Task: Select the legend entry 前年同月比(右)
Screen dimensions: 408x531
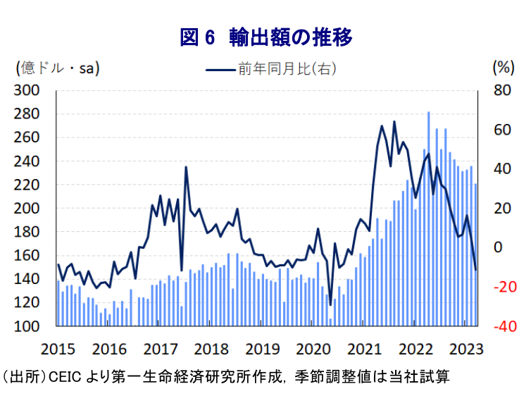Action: [271, 68]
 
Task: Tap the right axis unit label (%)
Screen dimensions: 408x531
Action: [503, 68]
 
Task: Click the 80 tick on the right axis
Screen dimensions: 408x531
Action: [501, 90]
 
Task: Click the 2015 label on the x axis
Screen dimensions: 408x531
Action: [58, 348]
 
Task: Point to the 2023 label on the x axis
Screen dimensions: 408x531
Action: [467, 348]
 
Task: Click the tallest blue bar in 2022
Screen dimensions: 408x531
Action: [428, 211]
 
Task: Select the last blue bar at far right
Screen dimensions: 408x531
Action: [475, 254]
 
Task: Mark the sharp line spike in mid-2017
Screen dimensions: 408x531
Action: [186, 167]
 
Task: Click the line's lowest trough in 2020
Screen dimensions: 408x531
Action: [330, 304]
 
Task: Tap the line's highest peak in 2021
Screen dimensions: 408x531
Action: [394, 122]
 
